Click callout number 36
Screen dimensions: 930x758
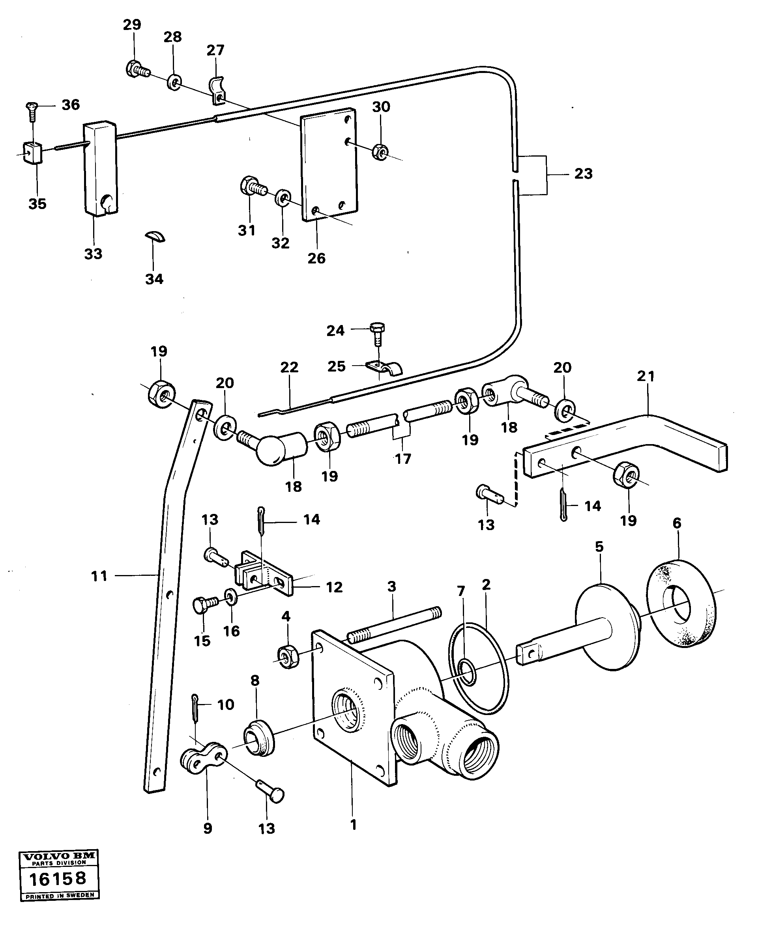70,105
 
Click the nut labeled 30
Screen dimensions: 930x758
381,151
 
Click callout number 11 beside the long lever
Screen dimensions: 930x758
99,577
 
